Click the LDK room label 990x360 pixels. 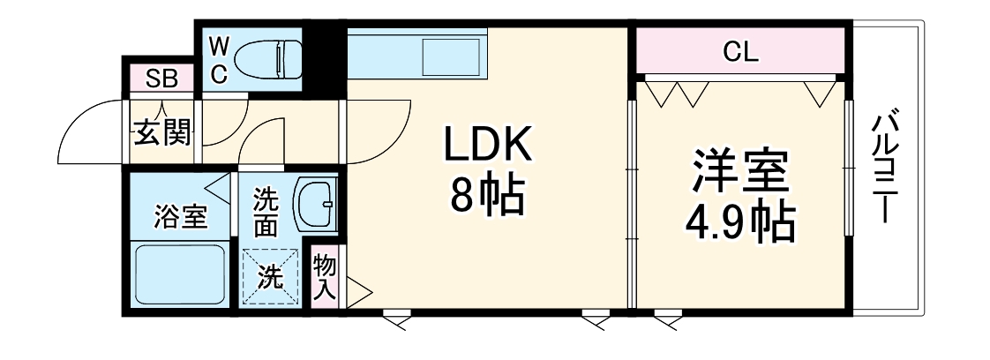click(488, 146)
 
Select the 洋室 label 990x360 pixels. click(739, 173)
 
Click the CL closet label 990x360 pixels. click(740, 52)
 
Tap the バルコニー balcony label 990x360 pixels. click(885, 168)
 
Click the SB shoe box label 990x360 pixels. click(161, 79)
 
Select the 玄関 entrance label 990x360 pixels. click(161, 133)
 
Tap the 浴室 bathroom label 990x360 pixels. click(179, 216)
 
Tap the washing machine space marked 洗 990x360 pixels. click(271, 277)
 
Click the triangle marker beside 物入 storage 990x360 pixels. click(358, 291)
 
